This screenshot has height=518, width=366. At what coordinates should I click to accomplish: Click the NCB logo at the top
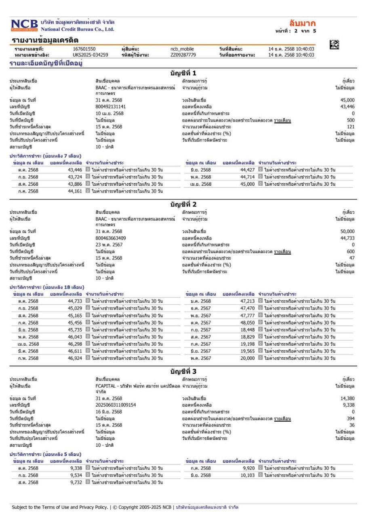(x=24, y=25)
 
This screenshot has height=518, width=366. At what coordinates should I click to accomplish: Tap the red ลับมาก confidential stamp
(x=303, y=23)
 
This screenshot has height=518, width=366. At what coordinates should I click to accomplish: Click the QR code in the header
(x=334, y=46)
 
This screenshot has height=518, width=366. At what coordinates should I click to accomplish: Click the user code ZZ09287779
(x=183, y=55)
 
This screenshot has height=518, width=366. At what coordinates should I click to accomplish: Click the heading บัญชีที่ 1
(x=183, y=73)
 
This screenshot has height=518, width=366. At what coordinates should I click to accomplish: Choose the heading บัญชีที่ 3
(x=183, y=371)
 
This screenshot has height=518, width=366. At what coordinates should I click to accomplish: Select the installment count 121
(x=351, y=127)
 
